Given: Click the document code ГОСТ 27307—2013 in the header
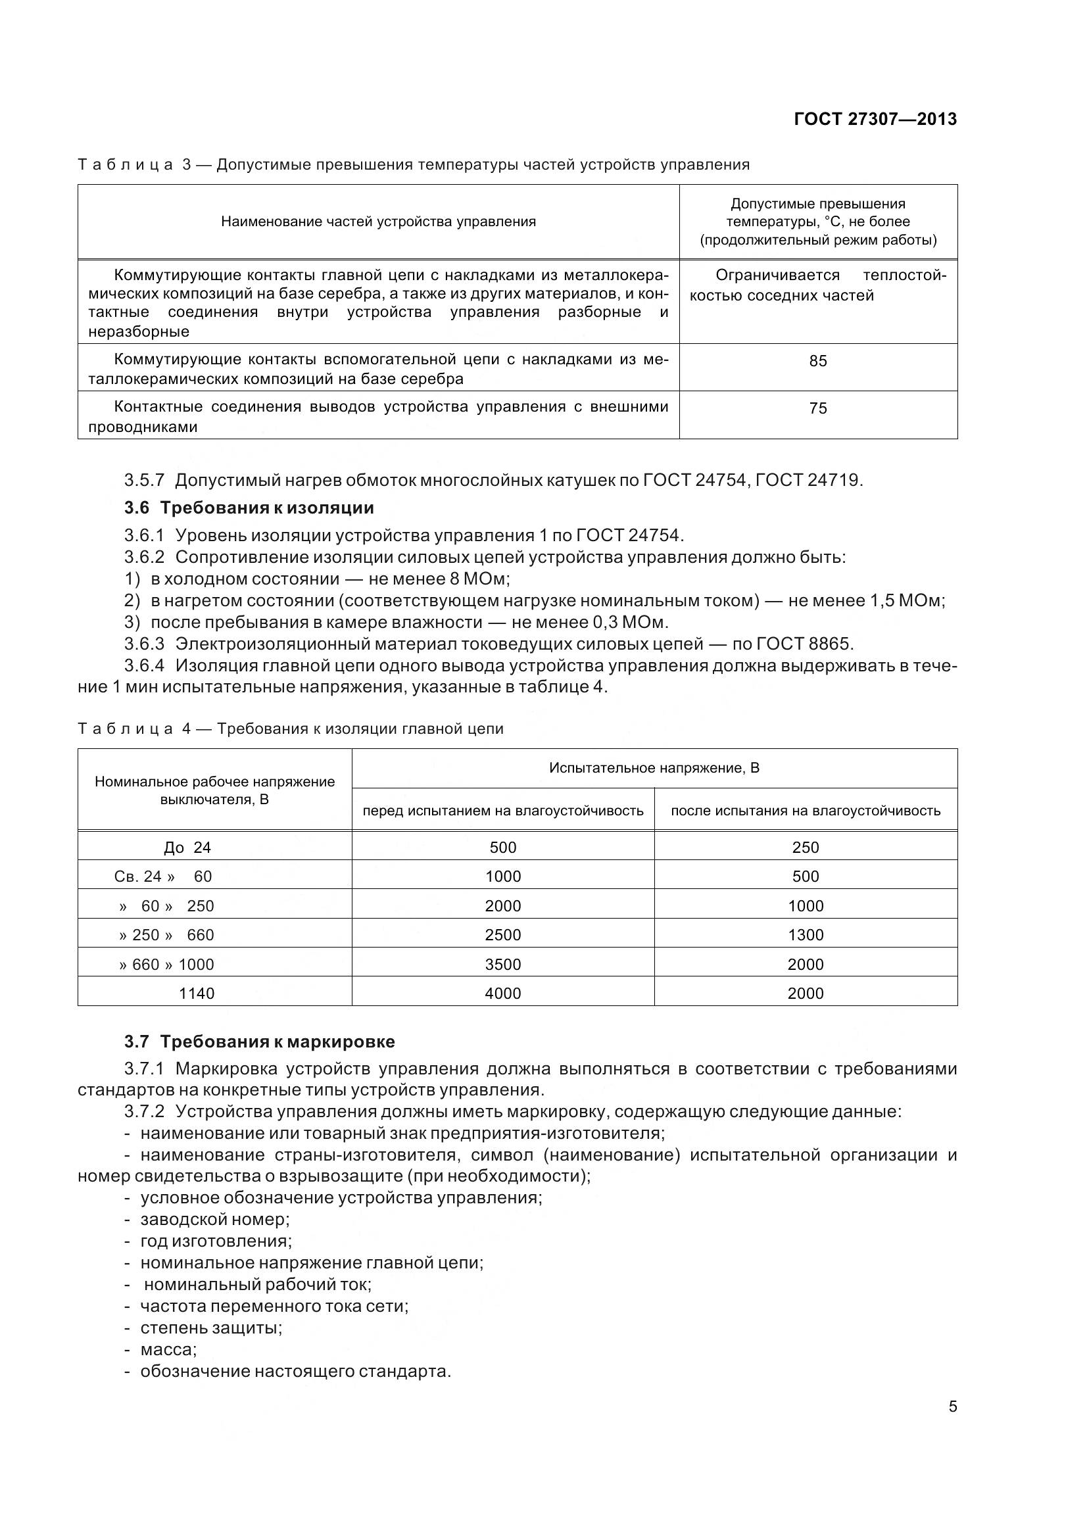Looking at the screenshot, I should (x=875, y=119).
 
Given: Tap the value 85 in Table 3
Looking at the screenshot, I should (x=818, y=361).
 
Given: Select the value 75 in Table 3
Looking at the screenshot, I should (x=818, y=408).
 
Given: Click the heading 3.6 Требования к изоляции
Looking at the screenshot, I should (x=249, y=508).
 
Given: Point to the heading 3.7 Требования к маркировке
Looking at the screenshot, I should (x=259, y=1042).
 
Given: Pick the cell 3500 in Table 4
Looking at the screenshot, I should (x=502, y=965).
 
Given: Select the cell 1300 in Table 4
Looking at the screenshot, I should (x=805, y=935).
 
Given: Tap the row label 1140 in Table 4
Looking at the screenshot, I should (x=196, y=994).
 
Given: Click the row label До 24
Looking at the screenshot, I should (x=187, y=848).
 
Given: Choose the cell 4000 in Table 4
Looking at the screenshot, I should (x=502, y=994).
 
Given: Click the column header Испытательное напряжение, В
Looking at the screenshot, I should (x=654, y=768).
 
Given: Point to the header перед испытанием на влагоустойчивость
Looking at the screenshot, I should (x=502, y=811).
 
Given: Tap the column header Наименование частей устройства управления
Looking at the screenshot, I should (x=378, y=222).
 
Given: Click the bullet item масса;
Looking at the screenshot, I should (x=168, y=1349).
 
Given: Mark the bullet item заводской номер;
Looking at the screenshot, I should (x=214, y=1219).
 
